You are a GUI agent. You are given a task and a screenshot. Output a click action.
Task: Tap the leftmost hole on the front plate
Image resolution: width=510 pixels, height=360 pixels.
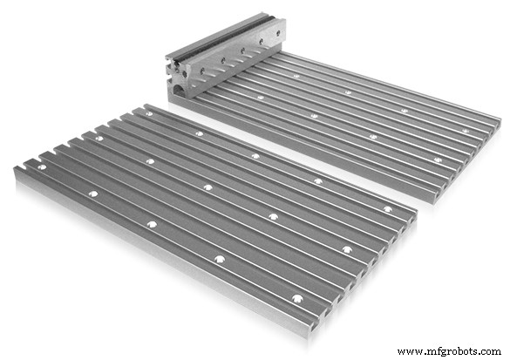click(41, 166)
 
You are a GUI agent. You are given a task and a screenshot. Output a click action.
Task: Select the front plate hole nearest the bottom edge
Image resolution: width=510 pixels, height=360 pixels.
click(297, 299)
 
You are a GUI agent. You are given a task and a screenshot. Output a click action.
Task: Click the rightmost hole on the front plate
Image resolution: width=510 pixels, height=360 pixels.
click(387, 209)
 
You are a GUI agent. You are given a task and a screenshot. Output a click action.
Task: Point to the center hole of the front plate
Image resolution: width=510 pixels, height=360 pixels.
click(207, 187)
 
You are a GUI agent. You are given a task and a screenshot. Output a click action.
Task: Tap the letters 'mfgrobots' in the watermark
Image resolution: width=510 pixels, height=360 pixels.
click(452, 351)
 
